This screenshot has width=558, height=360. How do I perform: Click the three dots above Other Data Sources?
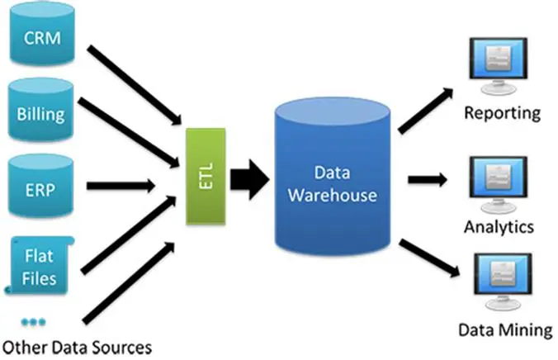(34, 320)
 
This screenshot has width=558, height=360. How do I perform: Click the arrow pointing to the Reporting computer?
(424, 106)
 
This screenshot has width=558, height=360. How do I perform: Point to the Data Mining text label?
(504, 330)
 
